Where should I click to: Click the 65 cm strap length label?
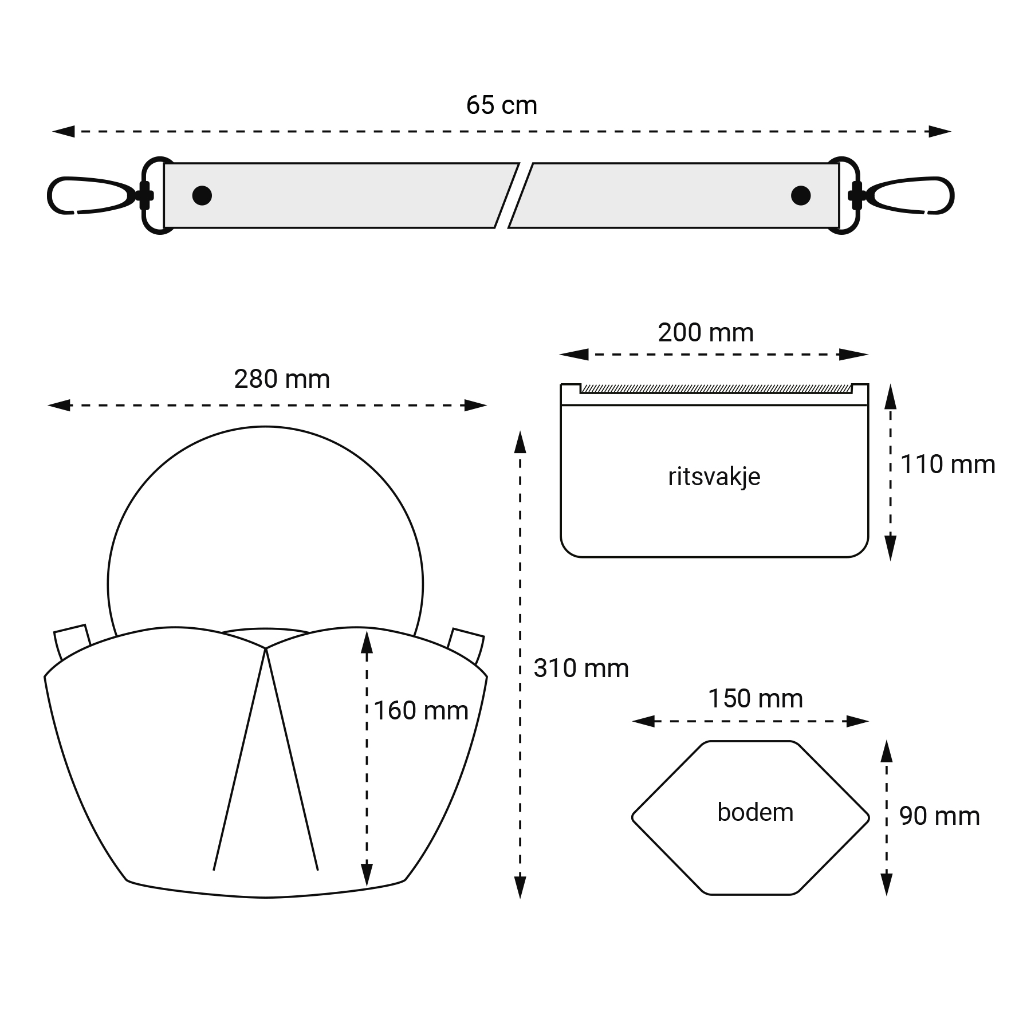(502, 105)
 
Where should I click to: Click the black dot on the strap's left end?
(202, 195)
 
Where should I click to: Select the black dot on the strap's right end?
(801, 195)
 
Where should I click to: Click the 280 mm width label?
(282, 379)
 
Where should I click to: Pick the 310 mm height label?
(581, 668)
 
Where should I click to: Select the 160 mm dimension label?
(421, 711)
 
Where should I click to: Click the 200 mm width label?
(706, 333)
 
